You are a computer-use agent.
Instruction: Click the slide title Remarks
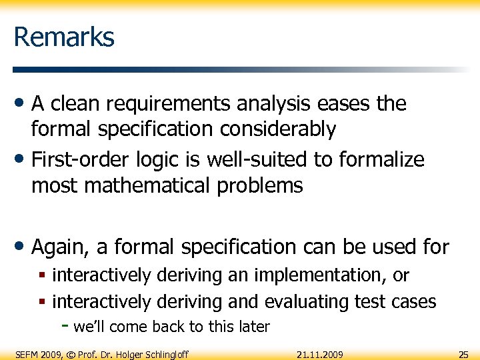[x=64, y=37]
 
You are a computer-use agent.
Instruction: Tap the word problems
[x=261, y=185]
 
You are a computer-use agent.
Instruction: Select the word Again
[x=61, y=247]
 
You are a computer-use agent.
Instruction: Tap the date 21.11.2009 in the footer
[x=320, y=353]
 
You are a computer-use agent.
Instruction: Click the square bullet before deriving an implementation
[x=42, y=275]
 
